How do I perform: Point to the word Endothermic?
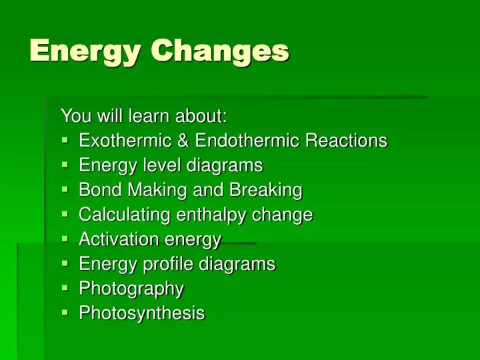[x=243, y=141]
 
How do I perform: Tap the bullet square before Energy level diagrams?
[x=65, y=165]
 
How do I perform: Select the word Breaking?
[x=266, y=191]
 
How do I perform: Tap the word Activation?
[x=109, y=239]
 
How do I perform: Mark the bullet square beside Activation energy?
[x=65, y=239]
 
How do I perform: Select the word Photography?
[x=131, y=289]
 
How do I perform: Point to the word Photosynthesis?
[x=142, y=313]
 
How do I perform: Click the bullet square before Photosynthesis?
[x=65, y=313]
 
